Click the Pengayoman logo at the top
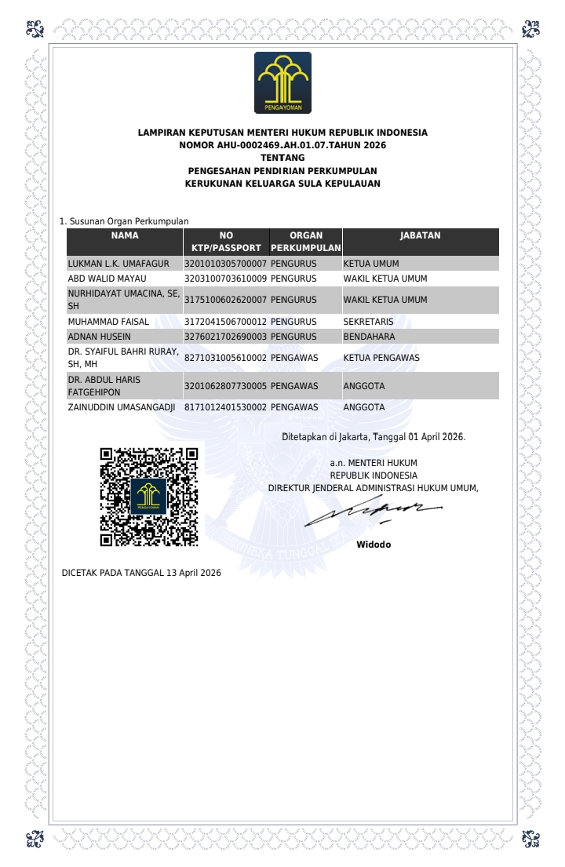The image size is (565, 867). pos(282,82)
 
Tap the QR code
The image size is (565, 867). pos(148,497)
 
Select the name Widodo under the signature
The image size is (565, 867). pos(374,545)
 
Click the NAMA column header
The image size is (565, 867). pos(125,235)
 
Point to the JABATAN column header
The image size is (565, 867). pos(420,235)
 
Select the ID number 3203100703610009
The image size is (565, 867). pos(226,279)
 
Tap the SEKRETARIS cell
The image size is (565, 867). pos(369,322)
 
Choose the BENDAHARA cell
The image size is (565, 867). pos(370,337)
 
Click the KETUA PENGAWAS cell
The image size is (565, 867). pos(381,358)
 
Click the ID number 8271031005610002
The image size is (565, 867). pos(226,358)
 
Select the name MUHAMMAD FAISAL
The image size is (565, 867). pos(108,322)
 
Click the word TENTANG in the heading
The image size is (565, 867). pos(282,158)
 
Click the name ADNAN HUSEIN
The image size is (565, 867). pos(100,337)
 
